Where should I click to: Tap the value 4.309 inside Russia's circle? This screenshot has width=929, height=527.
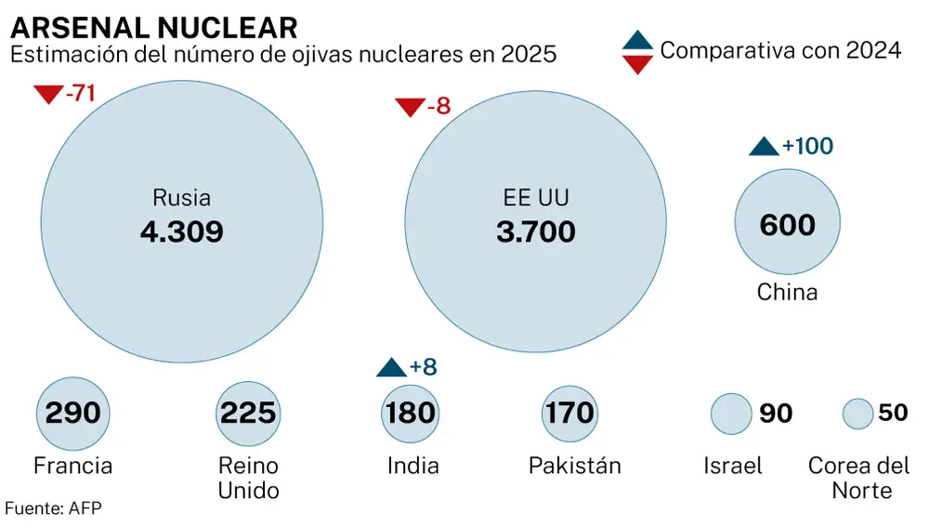tap(182, 231)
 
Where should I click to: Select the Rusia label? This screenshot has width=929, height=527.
tap(182, 198)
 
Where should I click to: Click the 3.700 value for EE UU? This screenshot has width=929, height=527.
tap(536, 231)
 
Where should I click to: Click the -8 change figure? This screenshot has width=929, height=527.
tap(438, 107)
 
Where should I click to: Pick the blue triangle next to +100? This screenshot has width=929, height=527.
tap(764, 147)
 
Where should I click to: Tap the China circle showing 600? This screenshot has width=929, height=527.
tap(787, 224)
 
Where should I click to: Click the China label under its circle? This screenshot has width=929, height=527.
tap(787, 293)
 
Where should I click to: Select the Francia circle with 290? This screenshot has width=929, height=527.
tap(72, 413)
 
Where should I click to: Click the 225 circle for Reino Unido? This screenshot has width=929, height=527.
tap(247, 413)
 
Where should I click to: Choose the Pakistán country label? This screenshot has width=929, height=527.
tap(574, 465)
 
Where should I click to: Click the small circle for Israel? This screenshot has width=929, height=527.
tap(731, 413)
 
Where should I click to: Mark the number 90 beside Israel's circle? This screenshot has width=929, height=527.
tap(776, 414)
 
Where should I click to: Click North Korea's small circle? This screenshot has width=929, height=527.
tap(857, 413)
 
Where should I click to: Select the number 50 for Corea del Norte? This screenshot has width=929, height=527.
tap(893, 413)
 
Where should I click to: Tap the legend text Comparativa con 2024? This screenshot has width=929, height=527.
tap(780, 50)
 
